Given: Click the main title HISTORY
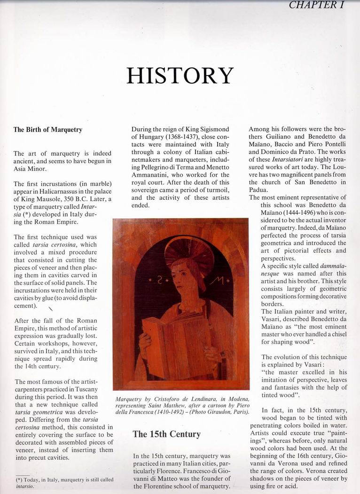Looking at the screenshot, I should (180, 76).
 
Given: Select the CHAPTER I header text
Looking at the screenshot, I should (324, 5).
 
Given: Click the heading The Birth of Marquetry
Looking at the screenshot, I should (47, 130).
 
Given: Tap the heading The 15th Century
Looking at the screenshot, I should (166, 434).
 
